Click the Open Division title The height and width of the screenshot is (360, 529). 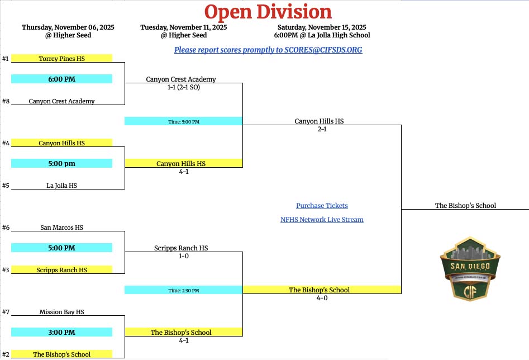(268, 12)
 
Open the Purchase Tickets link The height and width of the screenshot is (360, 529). (322, 206)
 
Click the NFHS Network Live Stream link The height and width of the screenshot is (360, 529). (322, 220)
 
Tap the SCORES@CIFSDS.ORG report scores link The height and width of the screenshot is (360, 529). (268, 50)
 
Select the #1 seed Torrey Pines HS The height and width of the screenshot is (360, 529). (61, 58)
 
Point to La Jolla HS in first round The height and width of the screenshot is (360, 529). (61, 186)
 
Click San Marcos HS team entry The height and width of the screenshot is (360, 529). (61, 228)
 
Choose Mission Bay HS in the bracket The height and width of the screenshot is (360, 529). (61, 312)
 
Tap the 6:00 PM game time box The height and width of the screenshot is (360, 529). (61, 79)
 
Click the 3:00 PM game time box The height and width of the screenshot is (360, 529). (61, 333)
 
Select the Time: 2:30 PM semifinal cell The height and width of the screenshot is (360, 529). (183, 290)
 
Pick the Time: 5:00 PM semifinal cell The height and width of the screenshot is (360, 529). (183, 121)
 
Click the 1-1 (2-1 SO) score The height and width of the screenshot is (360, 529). (181, 88)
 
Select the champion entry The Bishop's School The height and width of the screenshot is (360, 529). (465, 206)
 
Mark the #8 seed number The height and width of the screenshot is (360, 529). (6, 101)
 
